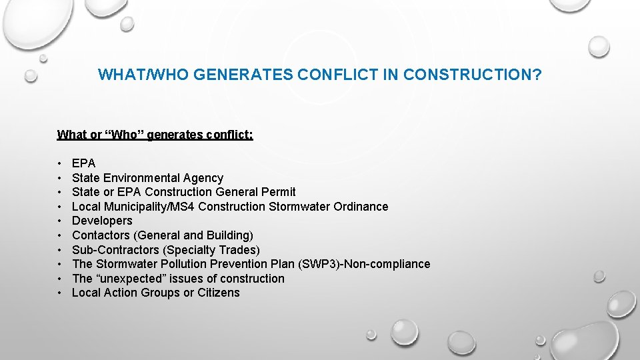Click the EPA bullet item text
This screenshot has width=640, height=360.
coord(84,163)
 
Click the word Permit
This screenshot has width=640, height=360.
coord(279,192)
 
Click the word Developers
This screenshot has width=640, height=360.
coord(102,221)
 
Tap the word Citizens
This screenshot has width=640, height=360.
coord(219,293)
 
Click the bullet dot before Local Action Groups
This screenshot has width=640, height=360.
coord(60,293)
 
